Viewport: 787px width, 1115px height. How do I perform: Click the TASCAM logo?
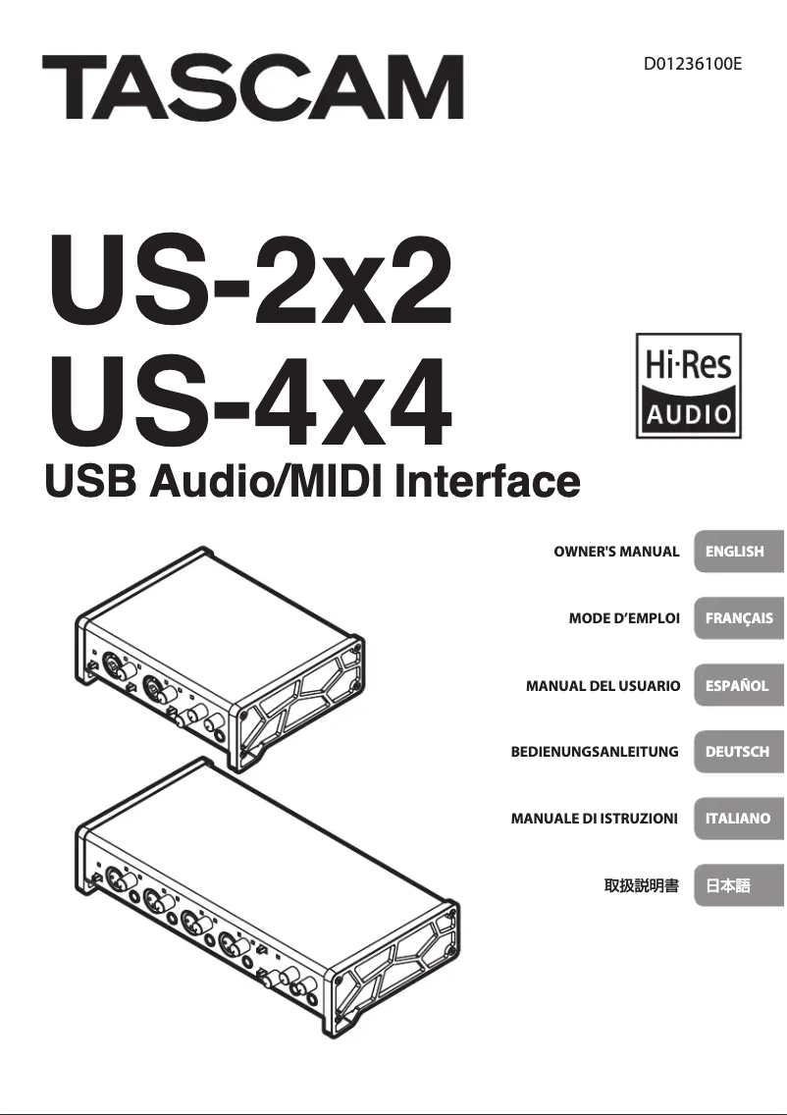pyautogui.click(x=252, y=87)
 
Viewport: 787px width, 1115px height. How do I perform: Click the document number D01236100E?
pyautogui.click(x=692, y=66)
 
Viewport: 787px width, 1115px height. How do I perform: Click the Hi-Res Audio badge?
pyautogui.click(x=687, y=385)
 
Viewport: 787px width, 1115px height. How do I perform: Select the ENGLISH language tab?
pyautogui.click(x=737, y=552)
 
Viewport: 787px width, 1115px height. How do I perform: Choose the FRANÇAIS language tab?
pyautogui.click(x=737, y=618)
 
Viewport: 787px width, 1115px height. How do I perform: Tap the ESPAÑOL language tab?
pyautogui.click(x=737, y=686)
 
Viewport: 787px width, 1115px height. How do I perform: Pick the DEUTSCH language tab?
pyautogui.click(x=737, y=752)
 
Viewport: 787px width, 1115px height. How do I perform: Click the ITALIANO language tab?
pyautogui.click(x=737, y=818)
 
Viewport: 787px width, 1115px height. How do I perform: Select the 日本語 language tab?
pyautogui.click(x=737, y=885)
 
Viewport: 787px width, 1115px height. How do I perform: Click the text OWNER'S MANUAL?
pyautogui.click(x=616, y=552)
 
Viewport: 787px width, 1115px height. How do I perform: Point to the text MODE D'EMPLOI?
pyautogui.click(x=624, y=618)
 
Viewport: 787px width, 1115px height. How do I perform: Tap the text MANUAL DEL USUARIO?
pyautogui.click(x=603, y=686)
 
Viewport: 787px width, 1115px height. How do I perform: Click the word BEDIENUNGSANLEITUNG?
pyautogui.click(x=595, y=752)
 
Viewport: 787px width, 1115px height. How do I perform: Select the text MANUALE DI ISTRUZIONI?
pyautogui.click(x=595, y=818)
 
